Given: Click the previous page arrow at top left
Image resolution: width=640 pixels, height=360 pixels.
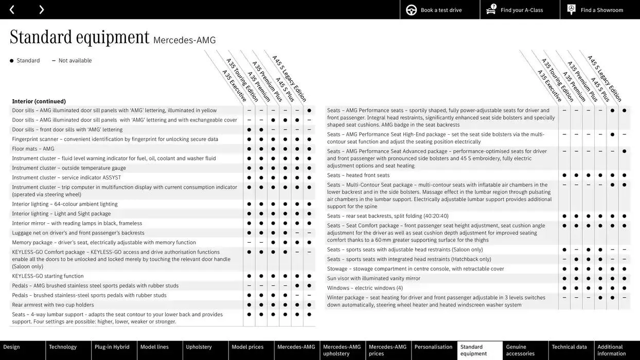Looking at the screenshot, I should point(12,9).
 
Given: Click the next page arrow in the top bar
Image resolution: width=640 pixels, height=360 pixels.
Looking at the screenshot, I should point(41,9).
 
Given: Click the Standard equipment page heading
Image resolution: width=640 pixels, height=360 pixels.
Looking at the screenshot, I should point(80,38).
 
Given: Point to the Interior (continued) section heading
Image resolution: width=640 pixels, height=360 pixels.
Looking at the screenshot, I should point(39,101).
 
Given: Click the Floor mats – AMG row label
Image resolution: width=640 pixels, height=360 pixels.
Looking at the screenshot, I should point(33,149).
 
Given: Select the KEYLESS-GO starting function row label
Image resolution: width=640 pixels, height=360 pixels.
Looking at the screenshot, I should point(48,276).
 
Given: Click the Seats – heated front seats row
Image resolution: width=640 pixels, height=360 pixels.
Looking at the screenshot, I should point(358,175).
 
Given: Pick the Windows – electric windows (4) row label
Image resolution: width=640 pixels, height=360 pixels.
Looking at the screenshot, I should point(365,288).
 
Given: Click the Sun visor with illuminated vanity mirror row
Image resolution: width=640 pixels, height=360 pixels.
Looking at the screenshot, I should point(374,279).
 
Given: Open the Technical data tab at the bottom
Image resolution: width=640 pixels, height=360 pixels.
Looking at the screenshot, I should point(570,347).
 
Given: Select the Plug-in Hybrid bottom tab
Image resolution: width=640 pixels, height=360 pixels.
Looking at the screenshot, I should point(112,347).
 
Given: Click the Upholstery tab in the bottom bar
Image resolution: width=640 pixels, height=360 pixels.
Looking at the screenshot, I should point(199,347).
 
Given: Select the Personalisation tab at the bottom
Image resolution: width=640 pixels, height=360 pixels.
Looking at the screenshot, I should point(433,347).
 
